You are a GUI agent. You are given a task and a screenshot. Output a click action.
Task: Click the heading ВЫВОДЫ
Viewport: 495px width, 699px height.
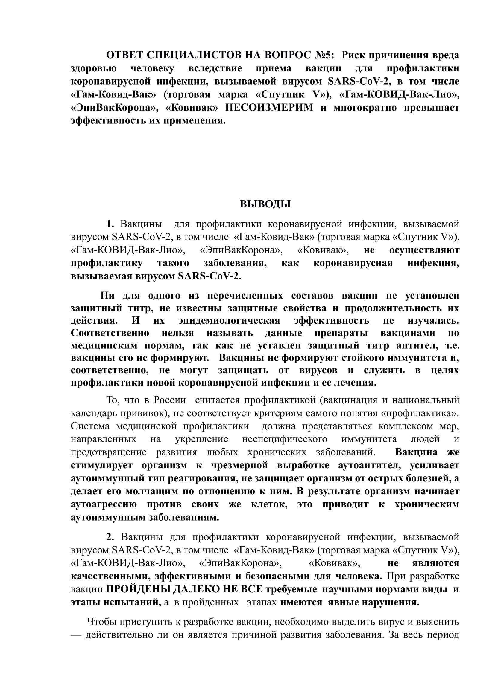pos(265,204)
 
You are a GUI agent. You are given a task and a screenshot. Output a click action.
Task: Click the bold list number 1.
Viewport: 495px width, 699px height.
pos(110,224)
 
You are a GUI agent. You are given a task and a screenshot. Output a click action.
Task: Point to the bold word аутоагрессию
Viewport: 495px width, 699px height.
pos(104,504)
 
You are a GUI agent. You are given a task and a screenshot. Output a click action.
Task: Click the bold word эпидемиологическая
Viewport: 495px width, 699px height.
pos(229,321)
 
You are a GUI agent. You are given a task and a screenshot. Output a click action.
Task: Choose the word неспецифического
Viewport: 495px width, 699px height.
pos(285,439)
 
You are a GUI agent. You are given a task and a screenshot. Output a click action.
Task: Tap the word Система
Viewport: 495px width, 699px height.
pos(90,426)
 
